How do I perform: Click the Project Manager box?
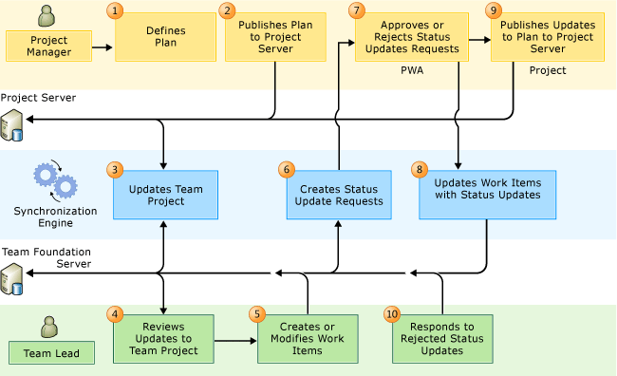(x=49, y=44)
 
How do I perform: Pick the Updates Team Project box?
(x=165, y=195)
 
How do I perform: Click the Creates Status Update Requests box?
(x=339, y=195)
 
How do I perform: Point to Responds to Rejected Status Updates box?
(x=443, y=338)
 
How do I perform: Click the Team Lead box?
(x=51, y=353)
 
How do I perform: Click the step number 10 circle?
(x=393, y=313)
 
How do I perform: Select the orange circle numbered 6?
(x=287, y=169)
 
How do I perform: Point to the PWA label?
(x=412, y=70)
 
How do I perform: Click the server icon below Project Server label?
(x=12, y=123)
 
